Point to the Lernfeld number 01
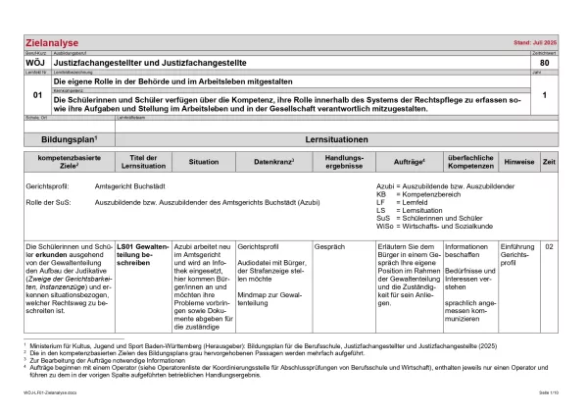tap(36, 95)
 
